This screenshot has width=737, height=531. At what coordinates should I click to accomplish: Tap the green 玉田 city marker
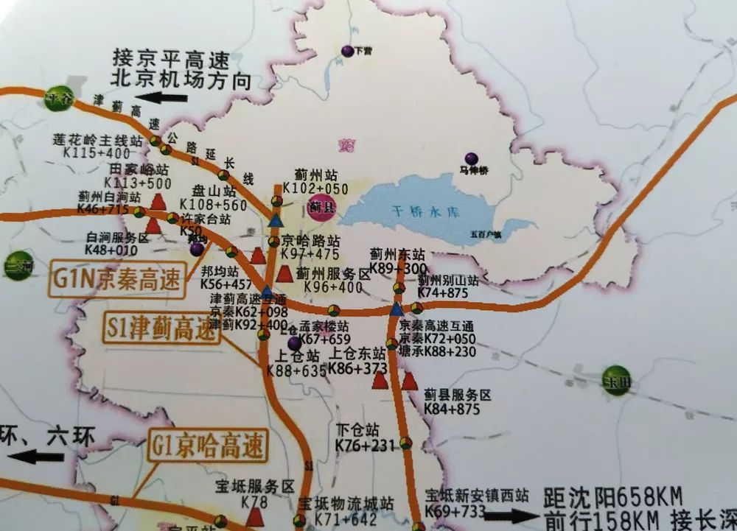(615, 379)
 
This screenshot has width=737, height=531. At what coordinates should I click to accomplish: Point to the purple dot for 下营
(347, 51)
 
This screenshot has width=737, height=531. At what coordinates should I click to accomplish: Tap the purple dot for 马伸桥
(472, 158)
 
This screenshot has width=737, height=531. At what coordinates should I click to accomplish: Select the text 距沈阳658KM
(612, 495)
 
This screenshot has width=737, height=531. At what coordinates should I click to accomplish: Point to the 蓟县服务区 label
(457, 395)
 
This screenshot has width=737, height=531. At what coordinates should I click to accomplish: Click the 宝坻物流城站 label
(346, 504)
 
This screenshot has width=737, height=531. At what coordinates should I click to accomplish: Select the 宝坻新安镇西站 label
(477, 494)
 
